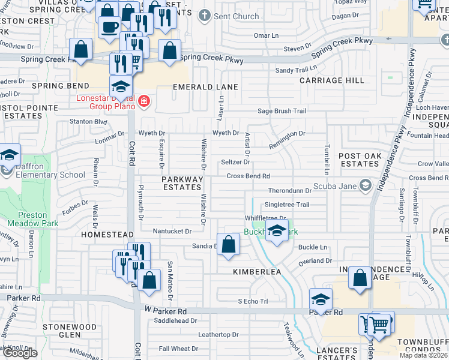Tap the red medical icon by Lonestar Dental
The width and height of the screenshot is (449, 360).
(x=143, y=101)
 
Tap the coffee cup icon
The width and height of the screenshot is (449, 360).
(x=109, y=28)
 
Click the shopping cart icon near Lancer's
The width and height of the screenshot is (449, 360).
(x=378, y=325)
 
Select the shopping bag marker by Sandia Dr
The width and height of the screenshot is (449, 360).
(x=228, y=245)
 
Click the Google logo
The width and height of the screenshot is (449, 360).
(x=20, y=353)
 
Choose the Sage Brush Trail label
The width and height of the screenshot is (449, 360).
(x=282, y=111)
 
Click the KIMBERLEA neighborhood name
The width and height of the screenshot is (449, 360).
(x=257, y=272)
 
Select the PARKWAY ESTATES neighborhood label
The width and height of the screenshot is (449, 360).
(x=182, y=183)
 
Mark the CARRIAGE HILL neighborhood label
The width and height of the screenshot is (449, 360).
(x=332, y=80)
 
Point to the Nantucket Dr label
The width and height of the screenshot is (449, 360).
(x=172, y=231)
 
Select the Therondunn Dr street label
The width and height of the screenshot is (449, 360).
(x=290, y=191)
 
